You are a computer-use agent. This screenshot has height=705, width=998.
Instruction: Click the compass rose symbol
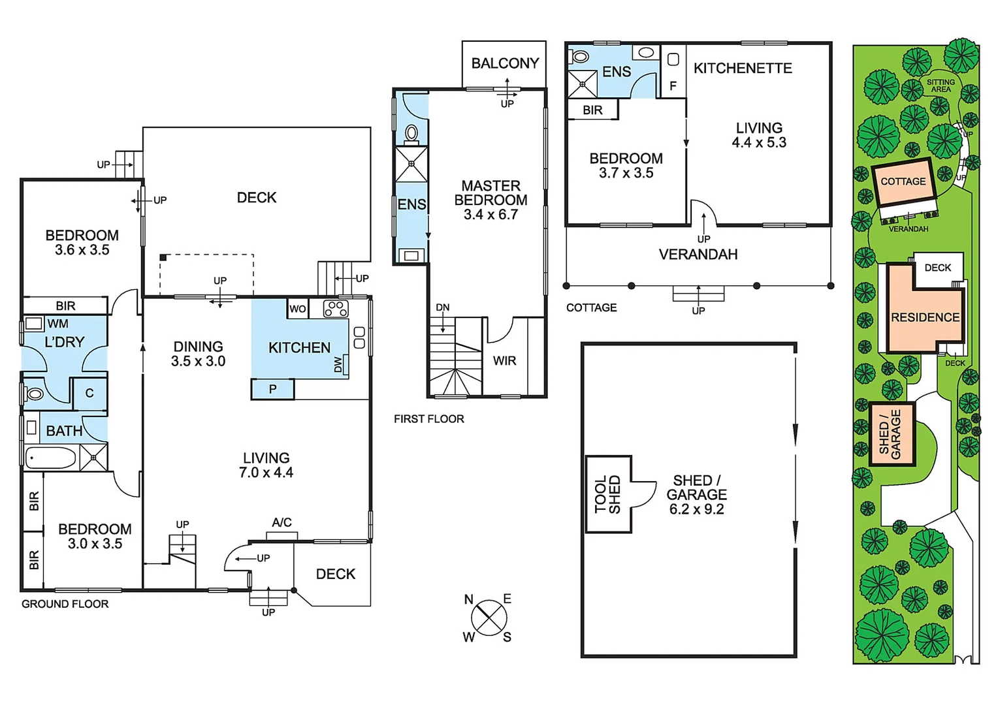pyautogui.click(x=489, y=618)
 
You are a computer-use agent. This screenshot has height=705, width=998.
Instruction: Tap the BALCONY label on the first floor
pyautogui.click(x=505, y=63)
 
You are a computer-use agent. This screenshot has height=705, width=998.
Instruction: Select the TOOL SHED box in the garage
pyautogui.click(x=608, y=494)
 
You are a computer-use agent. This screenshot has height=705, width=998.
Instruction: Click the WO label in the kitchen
pyautogui.click(x=297, y=309)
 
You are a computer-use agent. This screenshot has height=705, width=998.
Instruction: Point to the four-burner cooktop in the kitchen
pyautogui.click(x=336, y=309)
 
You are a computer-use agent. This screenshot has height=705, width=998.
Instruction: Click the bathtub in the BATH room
pyautogui.click(x=51, y=458)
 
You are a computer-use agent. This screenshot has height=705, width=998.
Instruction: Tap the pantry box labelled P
pyautogui.click(x=272, y=389)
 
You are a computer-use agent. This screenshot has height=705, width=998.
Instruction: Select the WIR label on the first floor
pyautogui.click(x=504, y=360)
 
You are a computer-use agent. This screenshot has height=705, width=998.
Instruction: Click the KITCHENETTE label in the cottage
pyautogui.click(x=743, y=69)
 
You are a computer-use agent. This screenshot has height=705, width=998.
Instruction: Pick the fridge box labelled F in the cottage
pyautogui.click(x=673, y=86)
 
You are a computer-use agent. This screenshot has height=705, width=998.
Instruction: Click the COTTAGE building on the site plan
pyautogui.click(x=903, y=181)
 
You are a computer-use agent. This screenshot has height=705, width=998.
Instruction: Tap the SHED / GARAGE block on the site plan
pyautogui.click(x=891, y=433)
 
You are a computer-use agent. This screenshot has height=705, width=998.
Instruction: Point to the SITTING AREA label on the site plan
pyautogui.click(x=941, y=86)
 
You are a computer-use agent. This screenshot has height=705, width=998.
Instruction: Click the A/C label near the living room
pyautogui.click(x=282, y=522)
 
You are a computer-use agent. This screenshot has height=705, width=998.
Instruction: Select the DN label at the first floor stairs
pyautogui.click(x=443, y=307)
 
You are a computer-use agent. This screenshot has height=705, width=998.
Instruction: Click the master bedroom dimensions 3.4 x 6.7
pyautogui.click(x=491, y=215)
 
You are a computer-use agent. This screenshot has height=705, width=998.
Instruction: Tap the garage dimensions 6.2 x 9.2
pyautogui.click(x=696, y=509)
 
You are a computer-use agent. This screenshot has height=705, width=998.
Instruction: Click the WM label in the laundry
pyautogui.click(x=57, y=324)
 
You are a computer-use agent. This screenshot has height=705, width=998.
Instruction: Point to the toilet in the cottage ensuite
pyautogui.click(x=580, y=57)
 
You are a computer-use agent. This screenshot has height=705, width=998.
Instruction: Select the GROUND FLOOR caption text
pyautogui.click(x=65, y=604)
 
